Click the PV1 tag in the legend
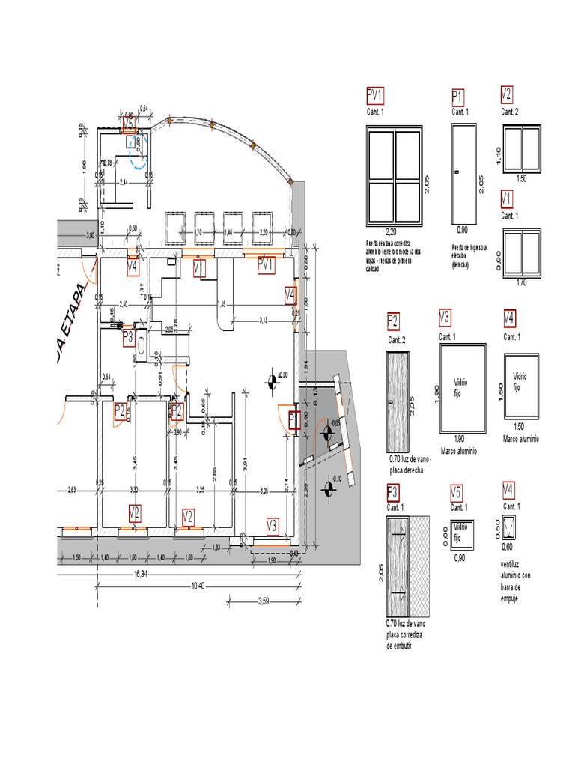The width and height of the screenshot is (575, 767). point(375,94)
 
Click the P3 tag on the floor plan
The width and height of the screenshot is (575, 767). point(129,338)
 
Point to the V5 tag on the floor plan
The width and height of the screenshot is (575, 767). point(129,122)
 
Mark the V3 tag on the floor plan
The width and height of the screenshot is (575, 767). point(272,526)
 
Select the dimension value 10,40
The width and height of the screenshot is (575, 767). point(198,586)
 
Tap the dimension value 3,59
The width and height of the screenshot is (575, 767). point(264,601)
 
